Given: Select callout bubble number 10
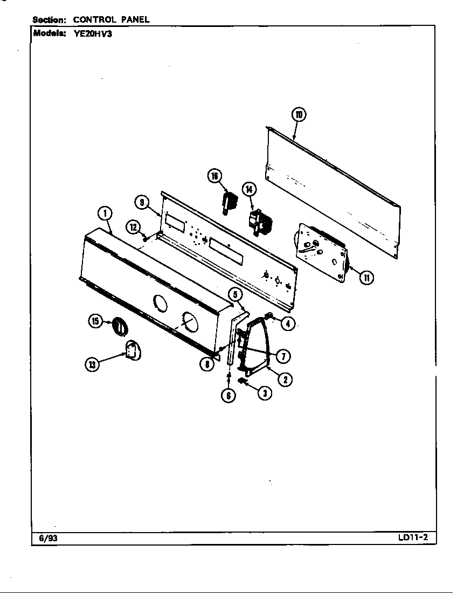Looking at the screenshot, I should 299,115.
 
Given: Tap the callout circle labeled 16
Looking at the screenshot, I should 214,176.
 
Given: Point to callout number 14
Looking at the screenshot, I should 249,189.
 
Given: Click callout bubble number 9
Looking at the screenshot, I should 141,203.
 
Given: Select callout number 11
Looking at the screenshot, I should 366,278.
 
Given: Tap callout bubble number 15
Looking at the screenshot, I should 95,322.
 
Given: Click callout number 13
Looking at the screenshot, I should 92,365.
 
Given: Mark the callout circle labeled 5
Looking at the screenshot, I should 235,294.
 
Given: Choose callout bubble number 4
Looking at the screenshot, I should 288,323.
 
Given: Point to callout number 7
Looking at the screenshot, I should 282,356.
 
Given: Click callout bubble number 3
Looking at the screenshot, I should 264,393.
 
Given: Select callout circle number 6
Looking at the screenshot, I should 228,395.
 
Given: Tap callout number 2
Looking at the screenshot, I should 285,379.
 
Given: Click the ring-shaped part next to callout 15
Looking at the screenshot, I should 119,327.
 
